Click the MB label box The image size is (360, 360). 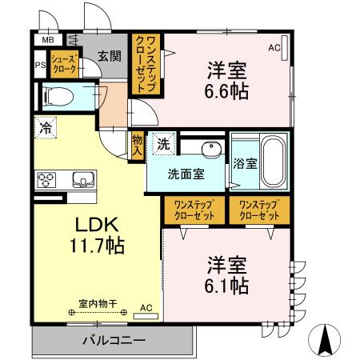tap(47, 40)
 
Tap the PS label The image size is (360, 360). tap(38, 66)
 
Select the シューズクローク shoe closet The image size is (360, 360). tap(64, 65)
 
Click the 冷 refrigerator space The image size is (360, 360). tap(46, 126)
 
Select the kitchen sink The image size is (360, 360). tap(82, 178)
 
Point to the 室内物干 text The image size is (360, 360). tap(98, 303)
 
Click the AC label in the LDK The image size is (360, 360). tap(146, 306)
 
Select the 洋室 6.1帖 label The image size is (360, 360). tap(228, 274)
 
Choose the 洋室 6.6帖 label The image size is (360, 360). tap(227, 79)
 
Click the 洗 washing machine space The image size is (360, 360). tap(162, 145)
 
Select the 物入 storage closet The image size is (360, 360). tap(138, 145)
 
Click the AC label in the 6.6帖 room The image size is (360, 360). tap(274, 47)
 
